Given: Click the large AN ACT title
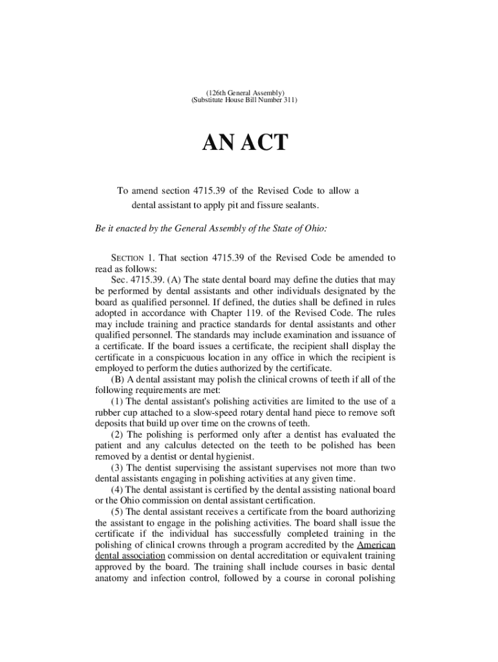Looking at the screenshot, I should (x=244, y=143).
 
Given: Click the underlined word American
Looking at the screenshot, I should (x=376, y=544).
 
